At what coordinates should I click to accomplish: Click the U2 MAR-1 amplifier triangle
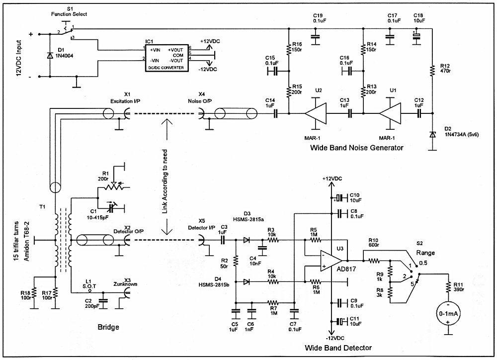[316, 113]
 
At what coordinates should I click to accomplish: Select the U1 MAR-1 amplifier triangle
[390, 113]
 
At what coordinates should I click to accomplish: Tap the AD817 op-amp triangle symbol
[331, 261]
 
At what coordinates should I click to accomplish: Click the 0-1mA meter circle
[448, 313]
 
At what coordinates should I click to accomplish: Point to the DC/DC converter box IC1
[166, 58]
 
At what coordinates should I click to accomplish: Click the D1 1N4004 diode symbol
[50, 56]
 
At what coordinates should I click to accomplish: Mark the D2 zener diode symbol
[432, 134]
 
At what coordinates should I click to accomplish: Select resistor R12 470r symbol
[432, 71]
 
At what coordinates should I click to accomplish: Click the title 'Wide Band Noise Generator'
[356, 148]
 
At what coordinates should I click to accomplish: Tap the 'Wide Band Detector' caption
[338, 348]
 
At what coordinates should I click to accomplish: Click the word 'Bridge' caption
[108, 327]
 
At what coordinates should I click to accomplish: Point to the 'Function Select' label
[69, 14]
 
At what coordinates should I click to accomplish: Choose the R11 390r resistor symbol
[448, 287]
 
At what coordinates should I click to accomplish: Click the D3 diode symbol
[247, 240]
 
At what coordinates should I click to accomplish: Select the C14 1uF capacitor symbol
[275, 113]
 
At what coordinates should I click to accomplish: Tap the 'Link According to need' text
[165, 181]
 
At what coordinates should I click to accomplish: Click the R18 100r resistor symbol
[34, 293]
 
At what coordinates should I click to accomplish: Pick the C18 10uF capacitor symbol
[417, 35]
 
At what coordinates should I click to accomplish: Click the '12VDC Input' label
[19, 58]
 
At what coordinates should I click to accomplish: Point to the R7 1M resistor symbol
[272, 303]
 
